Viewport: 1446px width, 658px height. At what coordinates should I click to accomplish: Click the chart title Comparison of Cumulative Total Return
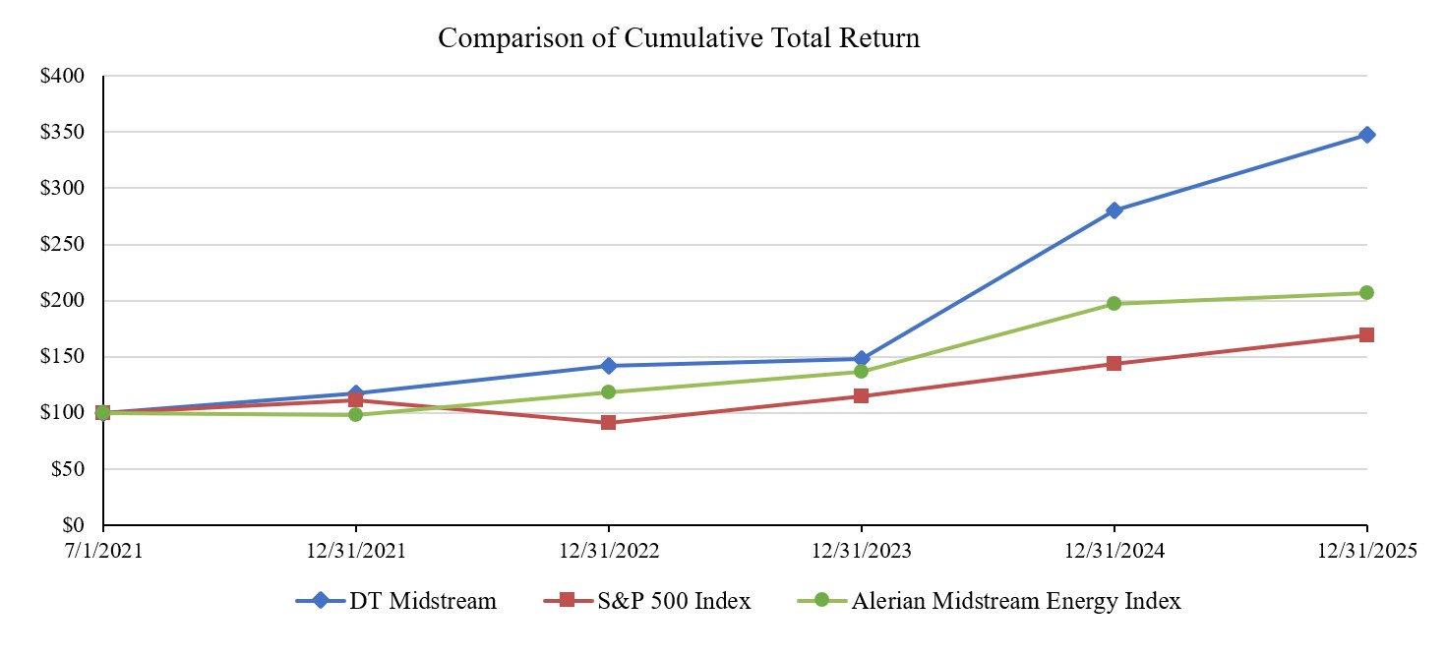(x=679, y=38)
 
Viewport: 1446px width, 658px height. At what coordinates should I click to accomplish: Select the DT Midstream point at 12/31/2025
(x=1366, y=135)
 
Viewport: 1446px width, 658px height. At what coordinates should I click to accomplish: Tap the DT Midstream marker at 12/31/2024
(x=1114, y=210)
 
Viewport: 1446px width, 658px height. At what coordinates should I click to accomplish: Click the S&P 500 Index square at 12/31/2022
(x=608, y=423)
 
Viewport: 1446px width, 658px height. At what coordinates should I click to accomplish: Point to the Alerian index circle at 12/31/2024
(x=1114, y=303)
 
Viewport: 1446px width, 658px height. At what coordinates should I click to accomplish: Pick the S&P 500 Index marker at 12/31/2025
(x=1366, y=335)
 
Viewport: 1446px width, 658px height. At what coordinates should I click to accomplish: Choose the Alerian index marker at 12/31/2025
(x=1366, y=292)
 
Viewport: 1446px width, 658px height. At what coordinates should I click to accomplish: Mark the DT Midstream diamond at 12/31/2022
(x=608, y=366)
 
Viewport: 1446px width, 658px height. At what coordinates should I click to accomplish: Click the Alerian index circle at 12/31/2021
(x=355, y=415)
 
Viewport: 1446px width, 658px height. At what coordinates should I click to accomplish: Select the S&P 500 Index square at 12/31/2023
(x=861, y=396)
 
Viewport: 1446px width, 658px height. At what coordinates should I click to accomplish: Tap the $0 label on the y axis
(x=72, y=525)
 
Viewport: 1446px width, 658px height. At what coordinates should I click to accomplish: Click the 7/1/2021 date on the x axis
(x=103, y=553)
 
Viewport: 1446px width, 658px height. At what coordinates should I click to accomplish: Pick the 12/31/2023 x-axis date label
(x=861, y=553)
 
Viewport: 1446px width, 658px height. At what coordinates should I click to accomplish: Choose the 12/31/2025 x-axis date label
(x=1366, y=553)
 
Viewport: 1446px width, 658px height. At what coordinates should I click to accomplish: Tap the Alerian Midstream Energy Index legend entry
(x=1002, y=601)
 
